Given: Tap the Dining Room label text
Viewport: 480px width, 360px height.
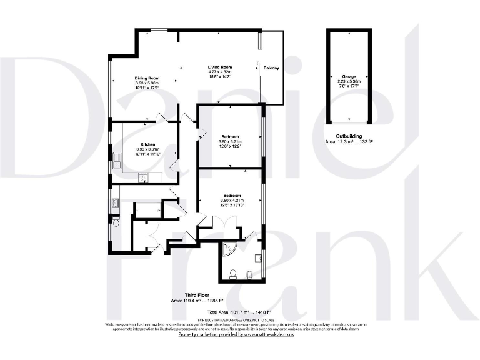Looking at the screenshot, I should (147, 78).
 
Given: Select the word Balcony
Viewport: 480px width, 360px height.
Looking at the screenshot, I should (271, 67).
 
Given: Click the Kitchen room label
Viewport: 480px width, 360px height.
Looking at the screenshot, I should (148, 144).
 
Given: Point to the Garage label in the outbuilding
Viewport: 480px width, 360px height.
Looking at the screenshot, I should (349, 76).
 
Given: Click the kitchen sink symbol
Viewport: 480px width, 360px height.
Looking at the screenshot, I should (116, 161).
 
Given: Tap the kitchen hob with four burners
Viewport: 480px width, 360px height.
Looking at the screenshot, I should (143, 177).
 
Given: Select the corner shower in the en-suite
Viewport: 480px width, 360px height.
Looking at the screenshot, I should (229, 248).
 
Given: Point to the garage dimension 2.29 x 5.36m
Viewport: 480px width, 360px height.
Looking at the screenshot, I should (349, 81).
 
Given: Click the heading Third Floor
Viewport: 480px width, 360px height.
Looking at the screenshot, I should (196, 294).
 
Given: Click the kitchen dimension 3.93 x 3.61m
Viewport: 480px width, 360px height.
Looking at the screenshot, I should (148, 149).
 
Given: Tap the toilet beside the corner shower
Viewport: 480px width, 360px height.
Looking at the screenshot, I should (232, 273).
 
